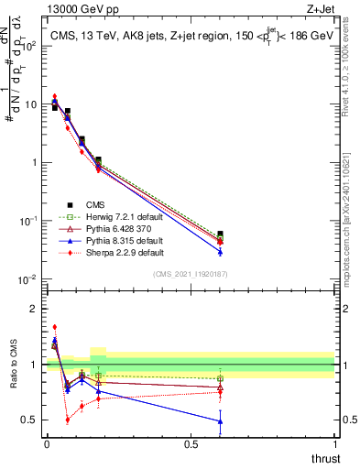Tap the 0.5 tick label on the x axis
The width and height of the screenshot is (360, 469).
click(x=191, y=444)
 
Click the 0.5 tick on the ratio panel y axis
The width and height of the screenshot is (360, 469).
click(x=29, y=420)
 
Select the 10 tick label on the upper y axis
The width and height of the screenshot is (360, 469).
click(x=29, y=104)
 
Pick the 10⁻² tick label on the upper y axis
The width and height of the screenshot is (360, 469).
click(x=27, y=278)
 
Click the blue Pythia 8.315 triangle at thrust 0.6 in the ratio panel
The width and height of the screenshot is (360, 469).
click(x=219, y=421)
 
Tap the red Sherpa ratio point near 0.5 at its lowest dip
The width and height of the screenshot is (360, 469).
click(x=68, y=420)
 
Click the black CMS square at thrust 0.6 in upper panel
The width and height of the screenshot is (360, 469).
click(x=219, y=234)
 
